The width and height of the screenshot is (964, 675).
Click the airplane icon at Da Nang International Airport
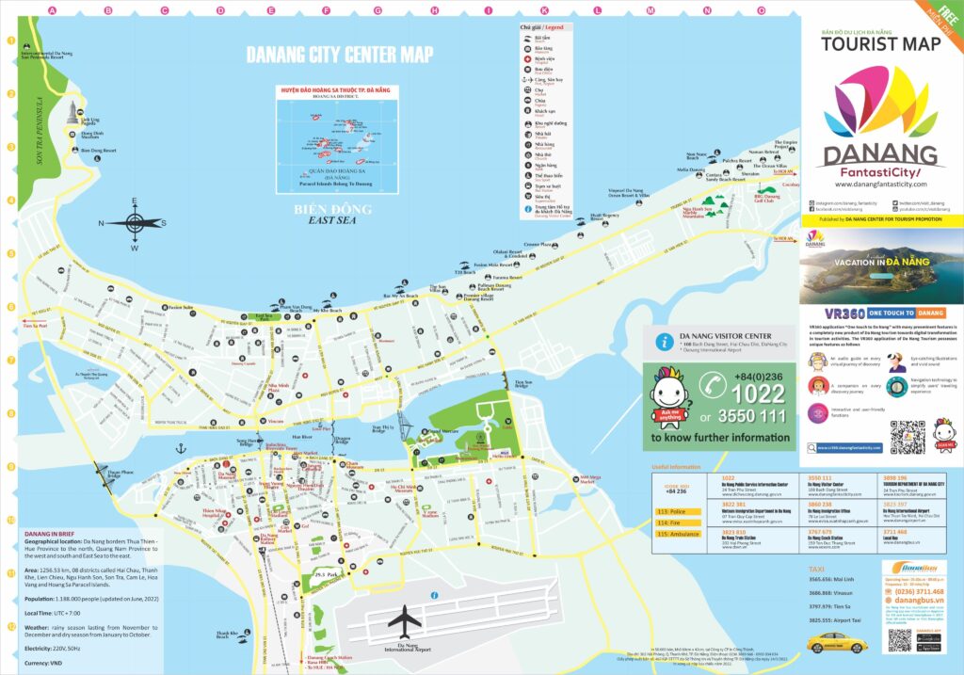406,620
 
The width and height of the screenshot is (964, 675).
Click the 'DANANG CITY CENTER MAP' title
340,54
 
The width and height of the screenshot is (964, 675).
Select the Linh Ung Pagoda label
89,121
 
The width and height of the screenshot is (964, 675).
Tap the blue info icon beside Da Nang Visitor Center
667,342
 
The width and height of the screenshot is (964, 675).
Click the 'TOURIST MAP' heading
880,43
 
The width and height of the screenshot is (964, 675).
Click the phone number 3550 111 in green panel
756,414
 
